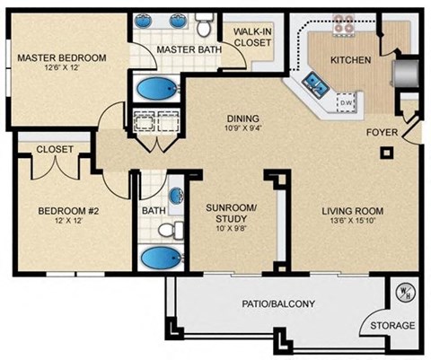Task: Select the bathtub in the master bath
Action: click(159, 90)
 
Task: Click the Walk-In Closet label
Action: click(253, 38)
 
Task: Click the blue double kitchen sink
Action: click(316, 86)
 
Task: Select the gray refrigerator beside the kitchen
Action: click(408, 73)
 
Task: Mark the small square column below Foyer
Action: click(386, 154)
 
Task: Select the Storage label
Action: click(393, 326)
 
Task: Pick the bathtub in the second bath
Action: click(162, 258)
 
